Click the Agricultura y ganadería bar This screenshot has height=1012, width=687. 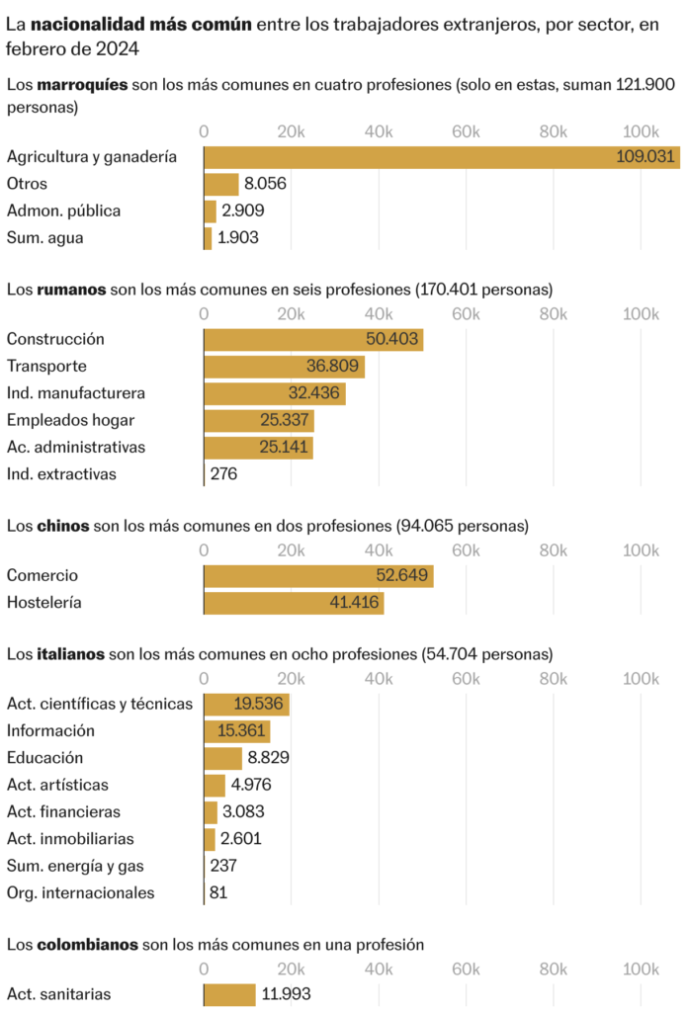point(442,157)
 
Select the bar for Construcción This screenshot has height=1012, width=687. point(313,340)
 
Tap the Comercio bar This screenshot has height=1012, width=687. point(318,576)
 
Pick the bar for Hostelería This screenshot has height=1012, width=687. point(294,603)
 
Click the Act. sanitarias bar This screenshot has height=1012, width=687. point(229,994)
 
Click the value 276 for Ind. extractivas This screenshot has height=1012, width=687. point(223,474)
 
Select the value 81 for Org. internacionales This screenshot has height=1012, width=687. point(219,893)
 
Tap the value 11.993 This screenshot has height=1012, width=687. point(287,994)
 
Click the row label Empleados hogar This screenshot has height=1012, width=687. point(70,420)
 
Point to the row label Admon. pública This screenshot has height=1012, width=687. point(63,211)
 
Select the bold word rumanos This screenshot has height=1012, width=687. point(71,290)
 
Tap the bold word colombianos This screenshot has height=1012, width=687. point(87,945)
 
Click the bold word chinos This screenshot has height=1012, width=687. point(63,526)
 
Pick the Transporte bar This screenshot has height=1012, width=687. point(284,367)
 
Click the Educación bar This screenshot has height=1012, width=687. point(222,758)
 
